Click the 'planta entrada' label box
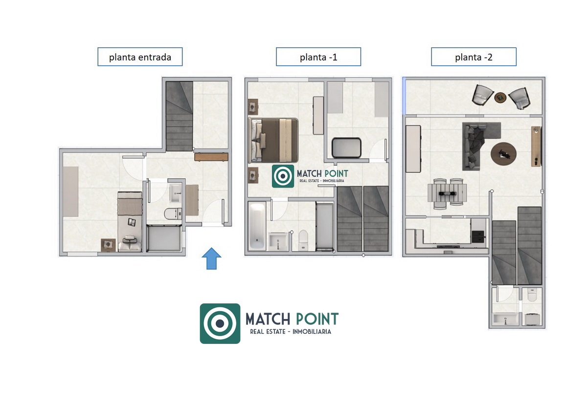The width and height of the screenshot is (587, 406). coord(140,57)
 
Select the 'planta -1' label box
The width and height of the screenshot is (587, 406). coord(318,57)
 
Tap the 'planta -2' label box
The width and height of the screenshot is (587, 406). coord(474,57)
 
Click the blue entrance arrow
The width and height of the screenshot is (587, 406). coord(211,258)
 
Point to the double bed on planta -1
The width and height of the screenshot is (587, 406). coord(273,140)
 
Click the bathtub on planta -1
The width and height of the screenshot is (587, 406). coord(257,226)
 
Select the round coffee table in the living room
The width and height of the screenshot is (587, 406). coord(503,154)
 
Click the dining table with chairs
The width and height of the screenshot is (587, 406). coord(447,193)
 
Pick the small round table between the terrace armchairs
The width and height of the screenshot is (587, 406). coord(500,98)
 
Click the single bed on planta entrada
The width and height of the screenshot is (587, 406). coord(130,222)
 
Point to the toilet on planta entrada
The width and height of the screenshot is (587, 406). coord(173,214)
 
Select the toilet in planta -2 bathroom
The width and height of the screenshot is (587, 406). coord(532,295)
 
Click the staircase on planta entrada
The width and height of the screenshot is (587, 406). coord(180,116)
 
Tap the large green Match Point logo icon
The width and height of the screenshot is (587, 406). coord(220,323)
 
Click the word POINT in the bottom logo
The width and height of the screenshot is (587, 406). coord(317,319)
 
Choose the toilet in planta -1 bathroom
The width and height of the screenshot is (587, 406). coord(303,240)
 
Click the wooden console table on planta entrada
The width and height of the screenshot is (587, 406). coord(211,157)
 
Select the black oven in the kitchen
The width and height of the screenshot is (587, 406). coord(478,236)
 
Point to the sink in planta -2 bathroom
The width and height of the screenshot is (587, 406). coord(505,320)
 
